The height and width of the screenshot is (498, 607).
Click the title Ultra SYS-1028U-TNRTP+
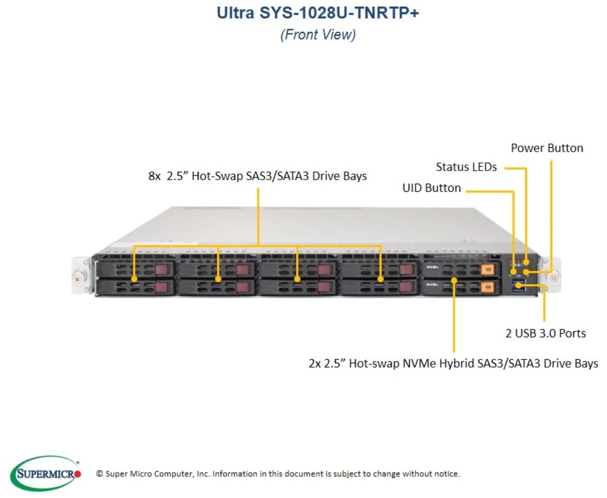[x=317, y=13]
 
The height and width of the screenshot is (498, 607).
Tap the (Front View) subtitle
[x=318, y=35]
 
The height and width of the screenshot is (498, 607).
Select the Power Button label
[x=547, y=148]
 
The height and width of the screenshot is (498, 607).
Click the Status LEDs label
[x=466, y=167]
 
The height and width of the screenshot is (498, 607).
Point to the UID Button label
[x=432, y=187]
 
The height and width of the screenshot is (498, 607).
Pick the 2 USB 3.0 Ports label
[x=545, y=333]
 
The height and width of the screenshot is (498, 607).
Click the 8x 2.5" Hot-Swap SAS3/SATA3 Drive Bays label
[x=258, y=176]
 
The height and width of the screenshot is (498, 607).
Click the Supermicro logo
[x=46, y=473]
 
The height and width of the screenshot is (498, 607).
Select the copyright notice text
[x=278, y=473]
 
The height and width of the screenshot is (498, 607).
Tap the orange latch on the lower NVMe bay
[x=487, y=286]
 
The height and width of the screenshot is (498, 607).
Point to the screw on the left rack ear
[x=77, y=278]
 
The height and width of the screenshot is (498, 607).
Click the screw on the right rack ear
[x=554, y=278]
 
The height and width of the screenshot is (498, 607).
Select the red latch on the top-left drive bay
[x=161, y=269]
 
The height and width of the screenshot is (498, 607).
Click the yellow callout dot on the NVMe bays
[x=454, y=280]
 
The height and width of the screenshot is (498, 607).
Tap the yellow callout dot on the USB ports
[x=519, y=286]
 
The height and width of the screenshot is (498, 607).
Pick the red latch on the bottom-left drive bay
[x=161, y=287]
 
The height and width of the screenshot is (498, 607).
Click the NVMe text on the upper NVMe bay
[x=432, y=267]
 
